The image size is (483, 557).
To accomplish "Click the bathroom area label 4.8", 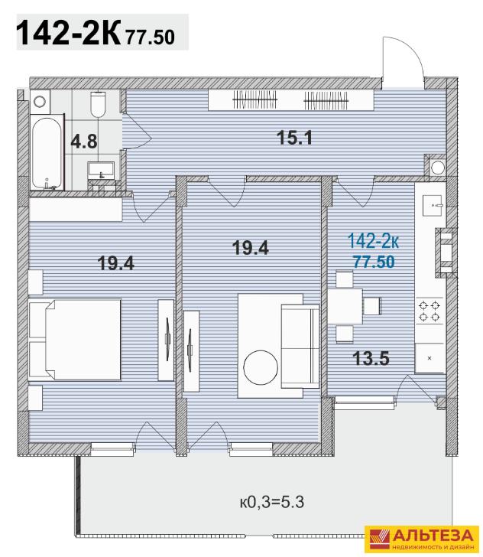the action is pyautogui.click(x=84, y=141).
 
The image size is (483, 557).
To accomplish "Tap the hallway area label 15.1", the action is pyautogui.click(x=294, y=138).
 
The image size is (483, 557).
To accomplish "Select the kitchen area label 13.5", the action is pyautogui.click(x=371, y=358).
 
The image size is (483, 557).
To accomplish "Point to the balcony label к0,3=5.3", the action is pyautogui.click(x=272, y=502).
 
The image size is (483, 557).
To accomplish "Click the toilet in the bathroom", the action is pyautogui.click(x=99, y=104).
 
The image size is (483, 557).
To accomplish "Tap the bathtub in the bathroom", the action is pyautogui.click(x=47, y=153).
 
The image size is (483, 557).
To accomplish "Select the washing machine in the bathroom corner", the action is pyautogui.click(x=40, y=102).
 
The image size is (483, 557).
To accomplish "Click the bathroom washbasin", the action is pyautogui.click(x=101, y=170).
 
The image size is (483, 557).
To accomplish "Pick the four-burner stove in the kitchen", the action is pyautogui.click(x=430, y=311).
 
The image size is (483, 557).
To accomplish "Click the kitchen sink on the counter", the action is pyautogui.click(x=433, y=206).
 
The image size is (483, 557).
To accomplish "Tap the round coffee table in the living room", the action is pyautogui.click(x=261, y=368).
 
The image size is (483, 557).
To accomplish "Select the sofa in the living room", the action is pyautogui.click(x=300, y=346).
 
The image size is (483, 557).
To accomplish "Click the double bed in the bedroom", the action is pyautogui.click(x=75, y=340).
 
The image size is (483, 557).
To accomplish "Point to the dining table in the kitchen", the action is pyautogui.click(x=345, y=306).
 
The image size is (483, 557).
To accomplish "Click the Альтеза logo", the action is pyautogui.click(x=422, y=539).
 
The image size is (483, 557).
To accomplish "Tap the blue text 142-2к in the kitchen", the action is pyautogui.click(x=374, y=241).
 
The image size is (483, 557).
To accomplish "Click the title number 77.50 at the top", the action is pyautogui.click(x=150, y=37).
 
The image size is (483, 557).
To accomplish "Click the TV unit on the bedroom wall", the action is pyautogui.click(x=166, y=340).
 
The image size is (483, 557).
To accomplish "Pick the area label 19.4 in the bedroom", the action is pyautogui.click(x=115, y=263).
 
